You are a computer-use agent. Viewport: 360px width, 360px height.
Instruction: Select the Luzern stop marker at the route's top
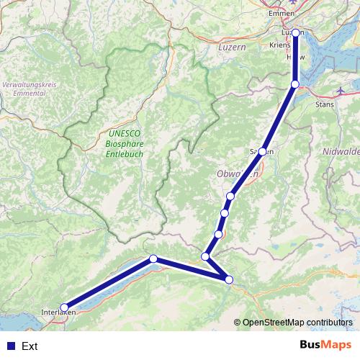click(x=296, y=32)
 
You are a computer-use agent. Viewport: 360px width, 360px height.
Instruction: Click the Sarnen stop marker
click(x=264, y=151)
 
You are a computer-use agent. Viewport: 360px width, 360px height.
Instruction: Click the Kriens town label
click(x=279, y=45)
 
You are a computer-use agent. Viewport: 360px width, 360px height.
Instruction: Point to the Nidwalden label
click(x=341, y=153)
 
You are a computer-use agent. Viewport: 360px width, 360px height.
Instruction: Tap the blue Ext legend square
click(x=9, y=346)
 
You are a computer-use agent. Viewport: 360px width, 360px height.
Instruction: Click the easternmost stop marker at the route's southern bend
click(x=230, y=279)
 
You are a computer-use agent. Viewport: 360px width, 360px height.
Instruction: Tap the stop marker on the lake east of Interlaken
click(x=153, y=258)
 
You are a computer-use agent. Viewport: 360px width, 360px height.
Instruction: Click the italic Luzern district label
click(x=232, y=47)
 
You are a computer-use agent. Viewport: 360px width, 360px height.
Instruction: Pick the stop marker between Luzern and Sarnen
click(x=295, y=85)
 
